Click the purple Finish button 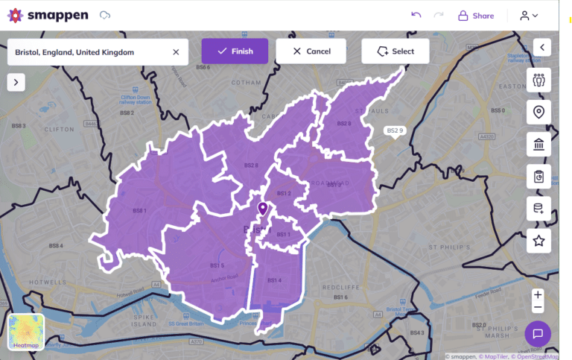[235, 51]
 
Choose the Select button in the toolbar [395, 51]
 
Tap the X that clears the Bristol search [176, 52]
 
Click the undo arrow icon [416, 15]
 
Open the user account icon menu [529, 16]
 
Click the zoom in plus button [538, 294]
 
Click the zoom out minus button [538, 307]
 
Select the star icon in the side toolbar [538, 241]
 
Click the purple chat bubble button [538, 333]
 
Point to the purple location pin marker [262, 209]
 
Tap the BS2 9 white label [395, 130]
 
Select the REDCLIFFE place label [343, 286]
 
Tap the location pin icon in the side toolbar [538, 113]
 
